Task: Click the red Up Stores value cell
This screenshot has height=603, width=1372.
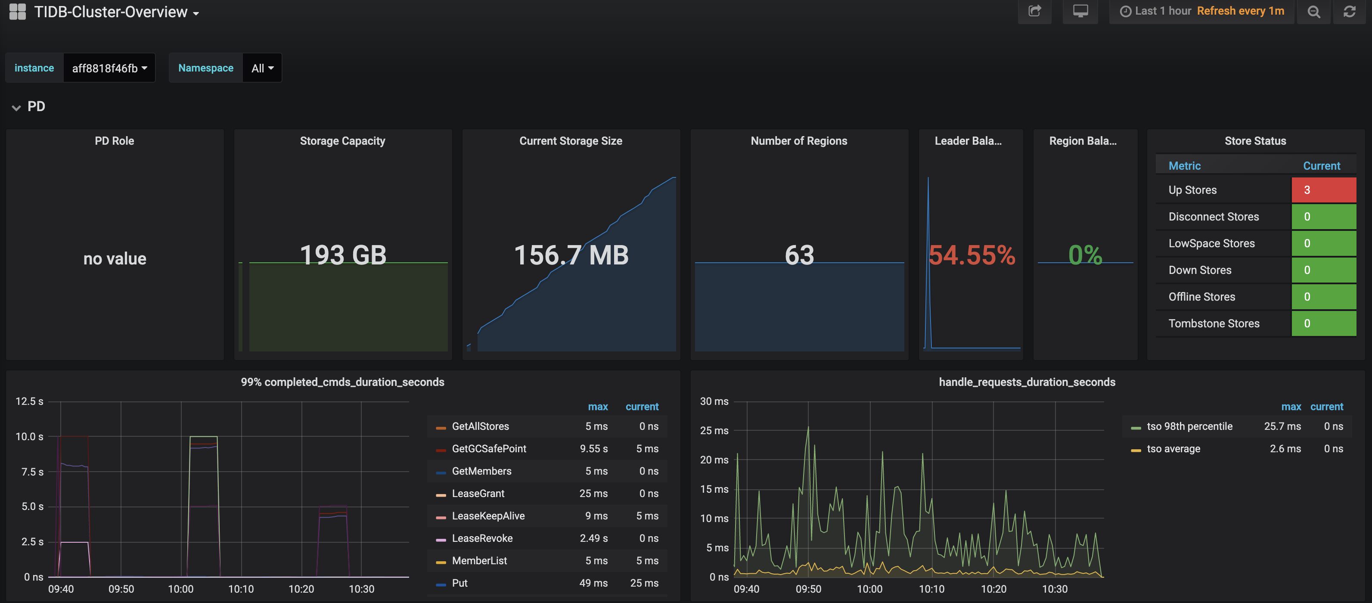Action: pyautogui.click(x=1323, y=190)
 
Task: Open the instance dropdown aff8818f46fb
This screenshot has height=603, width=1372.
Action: pyautogui.click(x=109, y=68)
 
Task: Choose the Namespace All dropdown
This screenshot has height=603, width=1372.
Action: pyautogui.click(x=262, y=68)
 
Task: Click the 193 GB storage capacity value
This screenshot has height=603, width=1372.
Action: pyautogui.click(x=343, y=255)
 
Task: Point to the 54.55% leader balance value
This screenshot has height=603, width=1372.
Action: pyautogui.click(x=972, y=255)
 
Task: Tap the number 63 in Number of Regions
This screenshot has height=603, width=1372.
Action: pyautogui.click(x=799, y=255)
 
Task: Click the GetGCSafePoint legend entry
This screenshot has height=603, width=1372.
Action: pyautogui.click(x=488, y=448)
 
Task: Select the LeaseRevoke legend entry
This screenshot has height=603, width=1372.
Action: pyautogui.click(x=482, y=538)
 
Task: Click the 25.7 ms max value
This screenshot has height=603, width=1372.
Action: pyautogui.click(x=1282, y=426)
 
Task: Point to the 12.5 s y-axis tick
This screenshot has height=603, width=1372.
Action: pyautogui.click(x=29, y=401)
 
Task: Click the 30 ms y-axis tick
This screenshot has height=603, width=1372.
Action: pyautogui.click(x=714, y=401)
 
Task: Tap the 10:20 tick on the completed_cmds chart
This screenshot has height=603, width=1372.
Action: pyautogui.click(x=301, y=589)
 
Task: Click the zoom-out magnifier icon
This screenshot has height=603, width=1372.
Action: pyautogui.click(x=1313, y=12)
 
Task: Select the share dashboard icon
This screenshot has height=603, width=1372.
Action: pyautogui.click(x=1034, y=11)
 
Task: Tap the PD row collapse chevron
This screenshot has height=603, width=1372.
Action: pyautogui.click(x=16, y=108)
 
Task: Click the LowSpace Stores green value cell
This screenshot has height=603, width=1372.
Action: pyautogui.click(x=1323, y=243)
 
